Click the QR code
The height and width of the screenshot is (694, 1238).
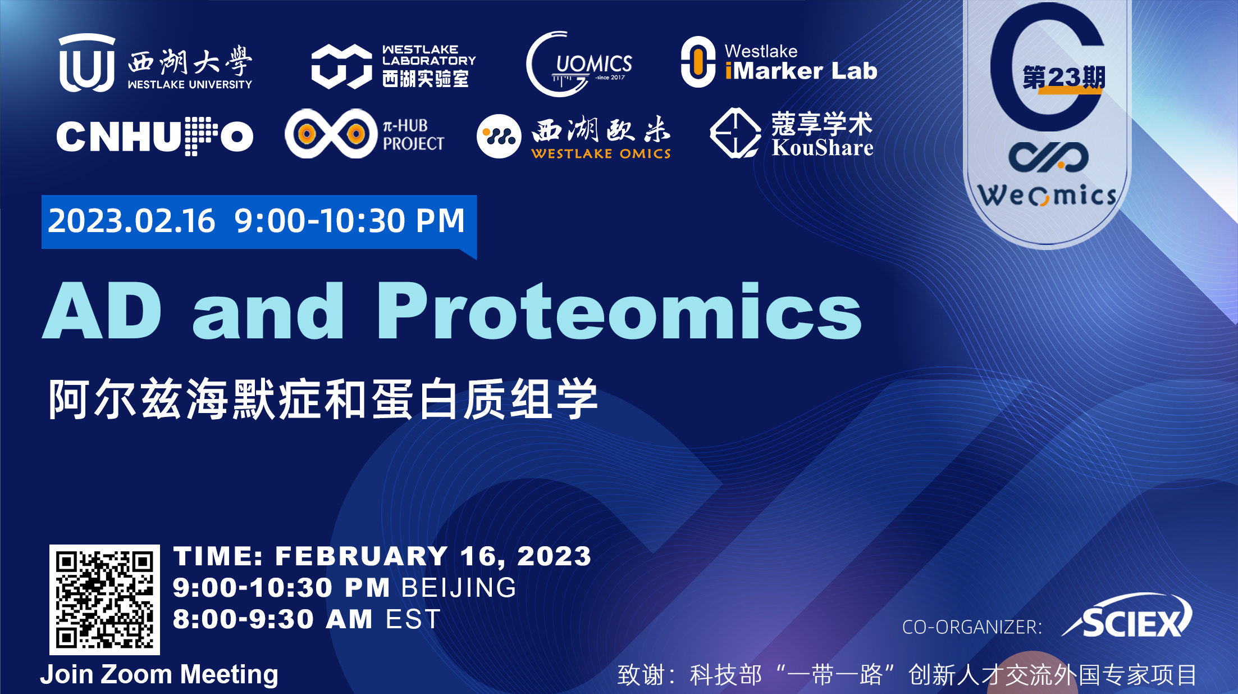tap(104, 600)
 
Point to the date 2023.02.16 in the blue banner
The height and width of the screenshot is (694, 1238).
tap(131, 221)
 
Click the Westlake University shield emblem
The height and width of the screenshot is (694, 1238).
tap(87, 62)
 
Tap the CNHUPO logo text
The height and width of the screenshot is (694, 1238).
tap(155, 137)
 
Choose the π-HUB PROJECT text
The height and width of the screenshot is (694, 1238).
tap(413, 135)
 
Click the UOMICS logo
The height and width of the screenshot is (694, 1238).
tap(579, 64)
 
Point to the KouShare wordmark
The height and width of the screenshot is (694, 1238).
tap(823, 148)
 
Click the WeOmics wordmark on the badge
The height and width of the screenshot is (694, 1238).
tap(1047, 195)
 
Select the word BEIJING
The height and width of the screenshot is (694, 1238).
tap(459, 588)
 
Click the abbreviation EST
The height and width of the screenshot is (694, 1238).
tap(413, 619)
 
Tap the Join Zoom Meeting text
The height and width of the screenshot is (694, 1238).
tap(159, 674)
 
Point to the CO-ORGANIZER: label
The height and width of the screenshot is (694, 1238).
tap(972, 627)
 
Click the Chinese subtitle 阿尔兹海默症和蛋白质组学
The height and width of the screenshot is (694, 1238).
tap(323, 399)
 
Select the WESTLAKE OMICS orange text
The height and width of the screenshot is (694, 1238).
tap(601, 153)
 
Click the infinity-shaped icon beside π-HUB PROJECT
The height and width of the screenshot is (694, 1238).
tap(331, 134)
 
